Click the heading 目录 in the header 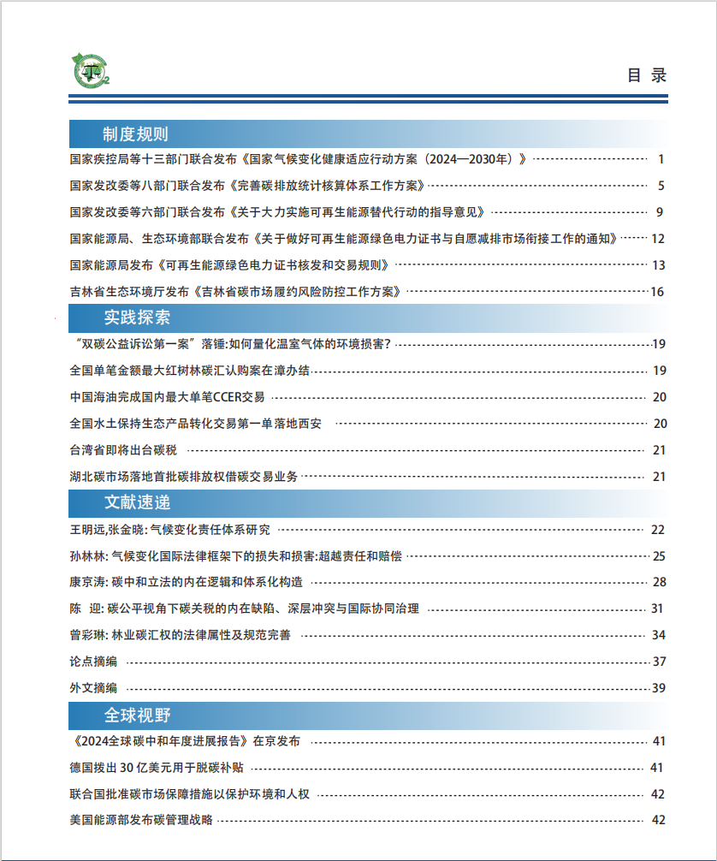coord(646,75)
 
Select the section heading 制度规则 coord(135,134)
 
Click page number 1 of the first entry coord(661,159)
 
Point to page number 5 coord(661,186)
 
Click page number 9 coord(661,212)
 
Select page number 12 coord(658,239)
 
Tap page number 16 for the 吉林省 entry coord(657,292)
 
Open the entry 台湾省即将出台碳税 coord(123,450)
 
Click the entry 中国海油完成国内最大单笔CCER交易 coord(167,397)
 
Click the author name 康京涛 coord(86,583)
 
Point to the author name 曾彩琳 coord(86,635)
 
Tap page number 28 coord(658,583)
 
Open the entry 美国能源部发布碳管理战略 coord(141,820)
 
